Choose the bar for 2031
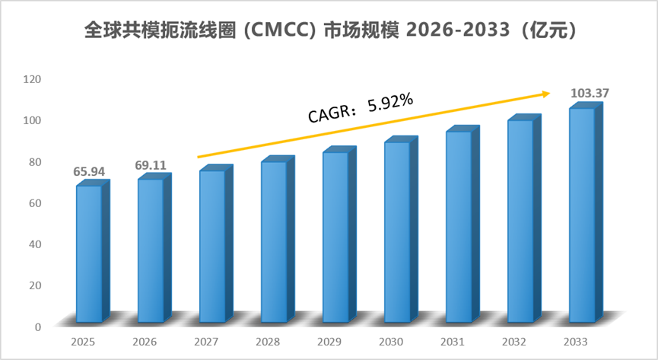tap(463, 225)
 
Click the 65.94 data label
tap(89, 171)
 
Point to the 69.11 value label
tap(151, 165)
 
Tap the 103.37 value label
tap(590, 93)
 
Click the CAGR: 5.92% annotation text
tap(361, 108)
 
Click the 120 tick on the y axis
tap(32, 79)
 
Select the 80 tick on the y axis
tap(35, 161)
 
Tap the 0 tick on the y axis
tap(38, 327)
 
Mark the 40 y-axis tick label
tap(35, 244)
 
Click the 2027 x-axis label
tap(206, 342)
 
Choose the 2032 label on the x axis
tap(514, 342)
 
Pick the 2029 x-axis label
tap(329, 342)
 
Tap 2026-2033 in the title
tap(458, 30)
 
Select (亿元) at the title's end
tap(549, 30)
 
